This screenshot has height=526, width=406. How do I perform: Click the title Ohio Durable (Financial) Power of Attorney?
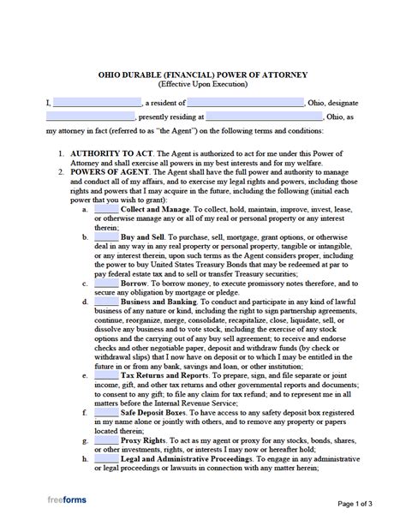tap(204, 75)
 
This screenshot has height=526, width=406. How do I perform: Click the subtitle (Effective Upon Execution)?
tap(203, 85)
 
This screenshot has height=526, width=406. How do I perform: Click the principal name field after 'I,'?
tap(96, 103)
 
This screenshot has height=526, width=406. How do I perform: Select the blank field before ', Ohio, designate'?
tap(255, 103)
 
